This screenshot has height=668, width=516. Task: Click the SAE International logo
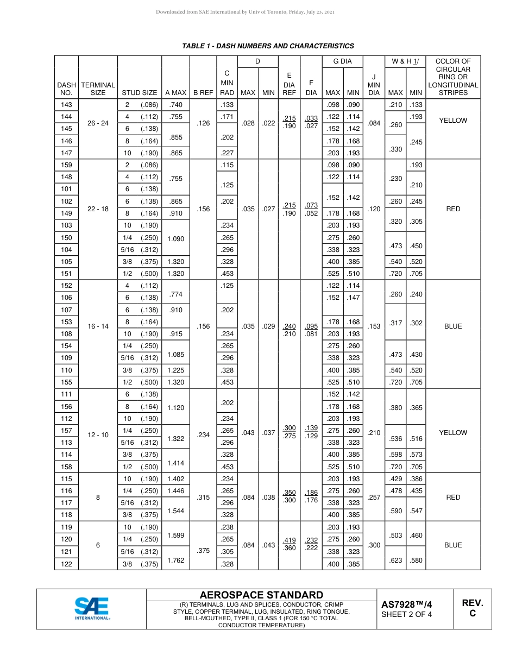[x=92, y=608]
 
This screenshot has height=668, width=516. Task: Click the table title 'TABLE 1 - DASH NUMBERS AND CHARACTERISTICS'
[x=268, y=46]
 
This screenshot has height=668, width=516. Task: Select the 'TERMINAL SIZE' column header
[x=98, y=89]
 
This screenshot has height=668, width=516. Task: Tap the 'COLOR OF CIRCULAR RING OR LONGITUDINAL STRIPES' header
[x=453, y=77]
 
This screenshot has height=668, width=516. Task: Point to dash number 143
[x=66, y=105]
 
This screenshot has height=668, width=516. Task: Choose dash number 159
[x=66, y=165]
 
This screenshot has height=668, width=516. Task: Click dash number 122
[x=66, y=564]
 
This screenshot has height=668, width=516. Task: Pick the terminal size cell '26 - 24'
[x=98, y=123]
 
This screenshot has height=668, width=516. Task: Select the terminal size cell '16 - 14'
[x=98, y=326]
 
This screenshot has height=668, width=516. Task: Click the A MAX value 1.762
[x=175, y=560]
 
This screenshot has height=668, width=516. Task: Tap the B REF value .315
[x=203, y=497]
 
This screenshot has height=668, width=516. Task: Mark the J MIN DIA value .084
[x=374, y=123]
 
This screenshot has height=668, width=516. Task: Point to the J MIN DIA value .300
[x=374, y=545]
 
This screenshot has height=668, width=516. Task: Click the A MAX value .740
[x=175, y=105]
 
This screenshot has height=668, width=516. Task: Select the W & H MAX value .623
[x=395, y=560]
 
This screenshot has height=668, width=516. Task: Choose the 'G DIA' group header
[x=342, y=62]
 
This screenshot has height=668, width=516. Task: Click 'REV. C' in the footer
[x=472, y=608]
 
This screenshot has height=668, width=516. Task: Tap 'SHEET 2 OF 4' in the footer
[x=406, y=615]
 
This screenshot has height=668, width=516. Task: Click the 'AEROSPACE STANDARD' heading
[x=261, y=595]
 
